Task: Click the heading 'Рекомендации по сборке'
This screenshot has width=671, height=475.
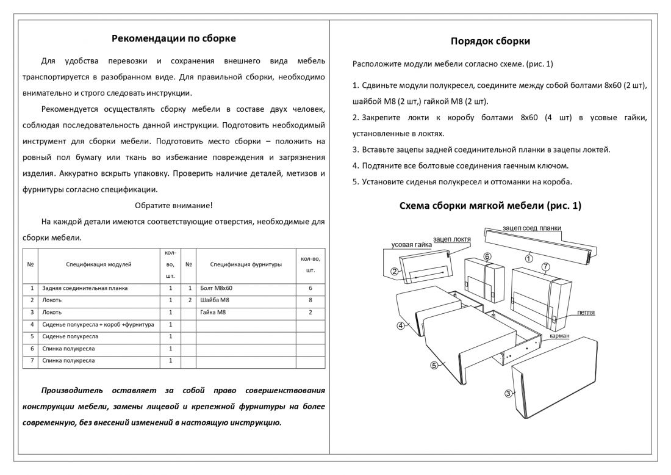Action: point(174,38)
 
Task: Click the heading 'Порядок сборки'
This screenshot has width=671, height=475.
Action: point(490,42)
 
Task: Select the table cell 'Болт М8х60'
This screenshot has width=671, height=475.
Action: point(217,288)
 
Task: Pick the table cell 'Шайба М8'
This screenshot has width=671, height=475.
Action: point(215,300)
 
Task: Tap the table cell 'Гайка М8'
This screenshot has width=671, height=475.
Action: point(213,312)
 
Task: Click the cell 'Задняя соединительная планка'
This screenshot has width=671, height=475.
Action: point(76,288)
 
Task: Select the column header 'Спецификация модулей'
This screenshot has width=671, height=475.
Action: point(99,264)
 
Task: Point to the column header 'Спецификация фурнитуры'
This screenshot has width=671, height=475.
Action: point(246,264)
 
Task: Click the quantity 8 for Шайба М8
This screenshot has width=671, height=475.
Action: point(310,300)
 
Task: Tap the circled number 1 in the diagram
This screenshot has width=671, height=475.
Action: point(529,258)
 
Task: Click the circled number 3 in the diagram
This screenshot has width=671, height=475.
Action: point(508,393)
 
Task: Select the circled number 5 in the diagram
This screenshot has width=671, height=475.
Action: point(434,366)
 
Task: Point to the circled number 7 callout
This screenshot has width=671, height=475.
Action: point(545,267)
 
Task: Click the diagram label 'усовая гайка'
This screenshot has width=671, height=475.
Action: point(411,244)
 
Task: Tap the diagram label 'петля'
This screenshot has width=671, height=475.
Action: point(586,313)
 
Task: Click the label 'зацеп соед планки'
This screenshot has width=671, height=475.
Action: point(532,228)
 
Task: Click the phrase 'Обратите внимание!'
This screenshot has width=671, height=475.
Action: point(174,205)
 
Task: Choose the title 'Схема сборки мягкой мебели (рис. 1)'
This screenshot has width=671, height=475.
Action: point(490,206)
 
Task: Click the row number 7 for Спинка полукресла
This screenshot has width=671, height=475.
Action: point(30,361)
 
